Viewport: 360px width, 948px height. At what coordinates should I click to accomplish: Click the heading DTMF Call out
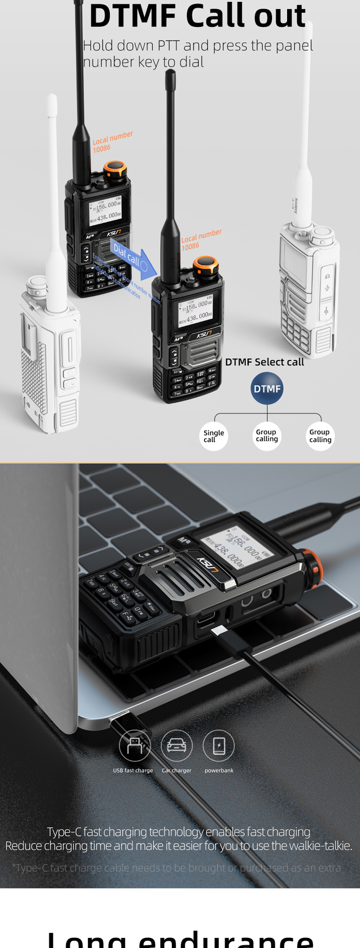(197, 16)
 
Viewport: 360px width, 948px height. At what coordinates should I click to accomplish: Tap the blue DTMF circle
(267, 388)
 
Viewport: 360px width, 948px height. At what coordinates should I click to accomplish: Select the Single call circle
(214, 436)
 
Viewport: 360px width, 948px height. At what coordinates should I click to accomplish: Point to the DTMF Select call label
(264, 362)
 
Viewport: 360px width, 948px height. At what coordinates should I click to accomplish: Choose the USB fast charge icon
(134, 745)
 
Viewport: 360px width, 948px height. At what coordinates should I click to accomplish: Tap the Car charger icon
(177, 745)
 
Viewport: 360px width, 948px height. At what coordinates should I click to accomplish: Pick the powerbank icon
(219, 745)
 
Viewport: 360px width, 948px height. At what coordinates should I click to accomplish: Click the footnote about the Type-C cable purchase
(177, 868)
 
